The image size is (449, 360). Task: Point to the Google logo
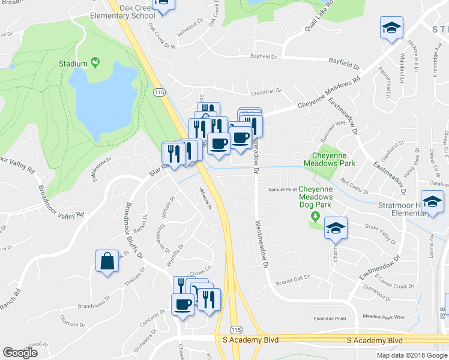[20, 353]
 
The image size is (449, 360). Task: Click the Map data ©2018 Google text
[412, 355]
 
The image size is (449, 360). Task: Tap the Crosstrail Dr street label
[266, 92]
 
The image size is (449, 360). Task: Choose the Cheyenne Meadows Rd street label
[330, 94]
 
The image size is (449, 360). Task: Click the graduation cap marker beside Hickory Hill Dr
[391, 28]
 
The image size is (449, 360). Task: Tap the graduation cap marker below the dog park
[336, 228]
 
